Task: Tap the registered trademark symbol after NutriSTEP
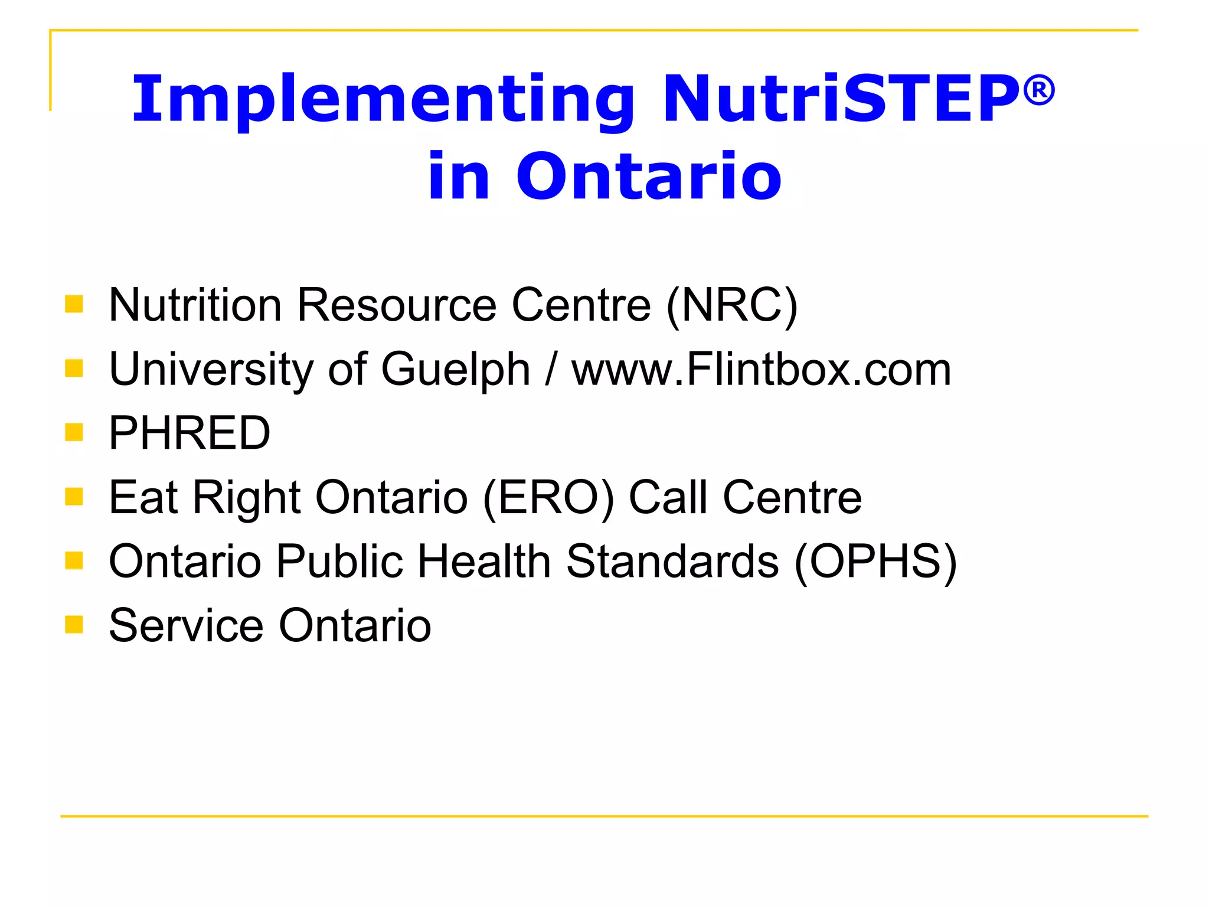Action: [x=1038, y=91]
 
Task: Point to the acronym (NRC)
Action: [x=731, y=305]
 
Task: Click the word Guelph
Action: [x=455, y=370]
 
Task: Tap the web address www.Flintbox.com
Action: [x=761, y=370]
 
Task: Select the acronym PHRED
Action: [x=189, y=433]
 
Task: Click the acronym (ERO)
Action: [x=548, y=498]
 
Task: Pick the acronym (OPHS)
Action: [x=875, y=562]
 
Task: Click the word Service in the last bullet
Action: [x=186, y=625]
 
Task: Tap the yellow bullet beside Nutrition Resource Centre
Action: [x=74, y=304]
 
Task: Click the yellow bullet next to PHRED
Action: [x=74, y=432]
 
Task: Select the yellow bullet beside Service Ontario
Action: [x=74, y=624]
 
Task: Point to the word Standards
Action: [x=672, y=562]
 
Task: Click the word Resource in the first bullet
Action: [x=397, y=305]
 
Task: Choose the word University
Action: [x=211, y=370]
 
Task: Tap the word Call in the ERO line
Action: [x=668, y=498]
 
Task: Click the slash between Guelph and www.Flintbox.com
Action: [x=550, y=370]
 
